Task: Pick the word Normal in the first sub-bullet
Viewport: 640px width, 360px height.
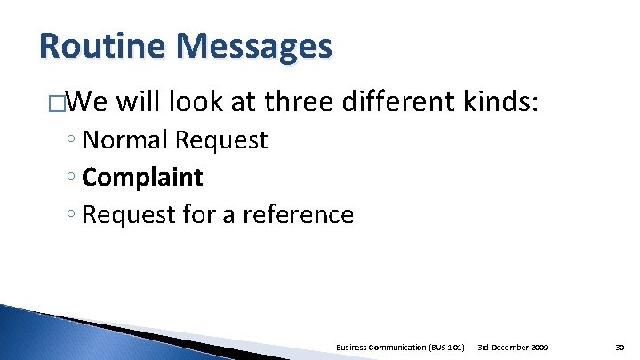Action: (124, 140)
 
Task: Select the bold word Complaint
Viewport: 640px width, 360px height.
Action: (142, 178)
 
